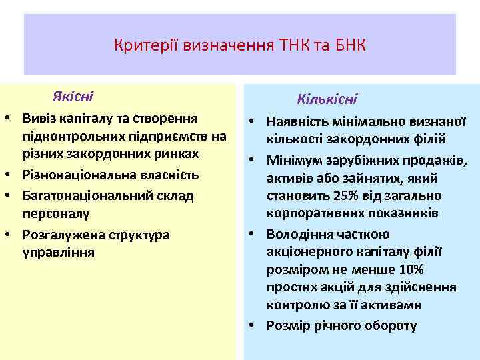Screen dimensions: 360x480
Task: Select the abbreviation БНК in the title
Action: (x=349, y=46)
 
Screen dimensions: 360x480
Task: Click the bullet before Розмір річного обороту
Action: (x=254, y=325)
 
